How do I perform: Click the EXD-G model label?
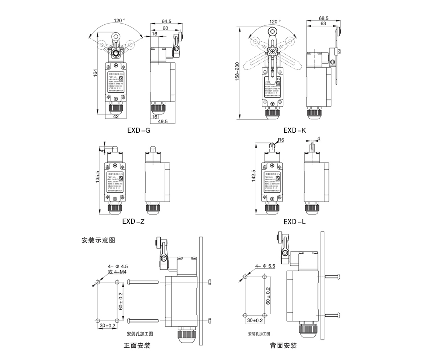(138, 130)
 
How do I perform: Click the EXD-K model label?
(294, 130)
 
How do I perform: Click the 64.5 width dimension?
(166, 21)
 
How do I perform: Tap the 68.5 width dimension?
(323, 18)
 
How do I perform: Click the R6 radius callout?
(281, 140)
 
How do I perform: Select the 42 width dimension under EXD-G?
(116, 116)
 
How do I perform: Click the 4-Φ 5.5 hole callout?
(265, 266)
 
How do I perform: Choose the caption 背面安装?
(283, 345)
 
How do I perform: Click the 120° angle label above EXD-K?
(275, 21)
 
